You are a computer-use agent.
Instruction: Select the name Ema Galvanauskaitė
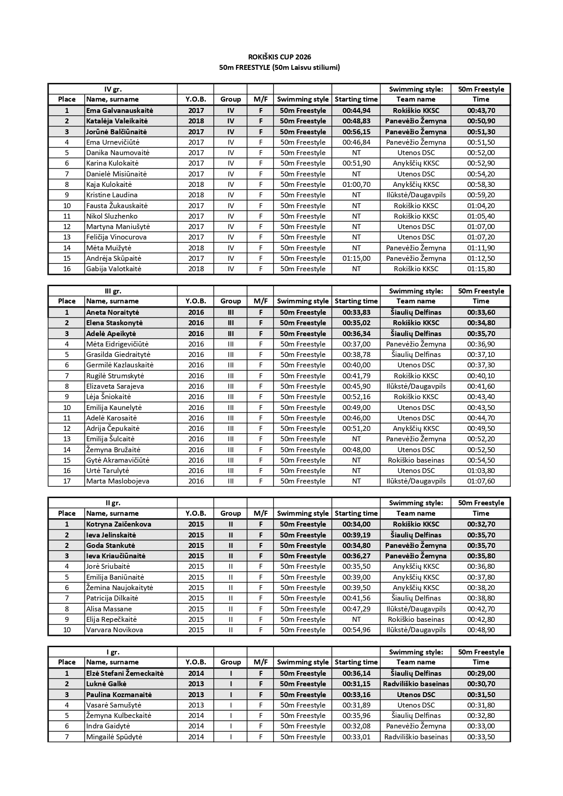[x=120, y=111]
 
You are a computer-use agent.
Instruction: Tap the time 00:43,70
[x=481, y=111]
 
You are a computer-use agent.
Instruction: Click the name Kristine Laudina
[x=112, y=195]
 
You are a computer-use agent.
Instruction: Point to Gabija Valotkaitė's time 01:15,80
[x=481, y=269]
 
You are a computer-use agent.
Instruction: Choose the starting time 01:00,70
[x=356, y=185]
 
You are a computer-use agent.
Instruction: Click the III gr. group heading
[x=113, y=291]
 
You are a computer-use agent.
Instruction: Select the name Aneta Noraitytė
[x=113, y=313]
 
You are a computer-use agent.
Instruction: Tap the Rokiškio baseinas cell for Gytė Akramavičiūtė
[x=416, y=460]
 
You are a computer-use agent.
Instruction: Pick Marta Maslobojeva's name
[x=118, y=481]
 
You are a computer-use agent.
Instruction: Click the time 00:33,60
[x=481, y=313]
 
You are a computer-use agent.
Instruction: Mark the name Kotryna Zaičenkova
[x=119, y=524]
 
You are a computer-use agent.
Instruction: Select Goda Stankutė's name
[x=111, y=546]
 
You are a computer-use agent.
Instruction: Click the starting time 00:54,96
[x=356, y=630]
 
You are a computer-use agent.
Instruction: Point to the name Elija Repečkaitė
[x=112, y=620]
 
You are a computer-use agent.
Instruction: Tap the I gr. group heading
[x=113, y=652]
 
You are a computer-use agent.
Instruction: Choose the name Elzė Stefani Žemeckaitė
[x=125, y=674]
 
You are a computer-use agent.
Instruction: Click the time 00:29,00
[x=481, y=674]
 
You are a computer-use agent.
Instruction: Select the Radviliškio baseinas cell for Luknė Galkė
[x=416, y=684]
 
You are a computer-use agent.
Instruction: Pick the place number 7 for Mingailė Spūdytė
[x=67, y=737]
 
